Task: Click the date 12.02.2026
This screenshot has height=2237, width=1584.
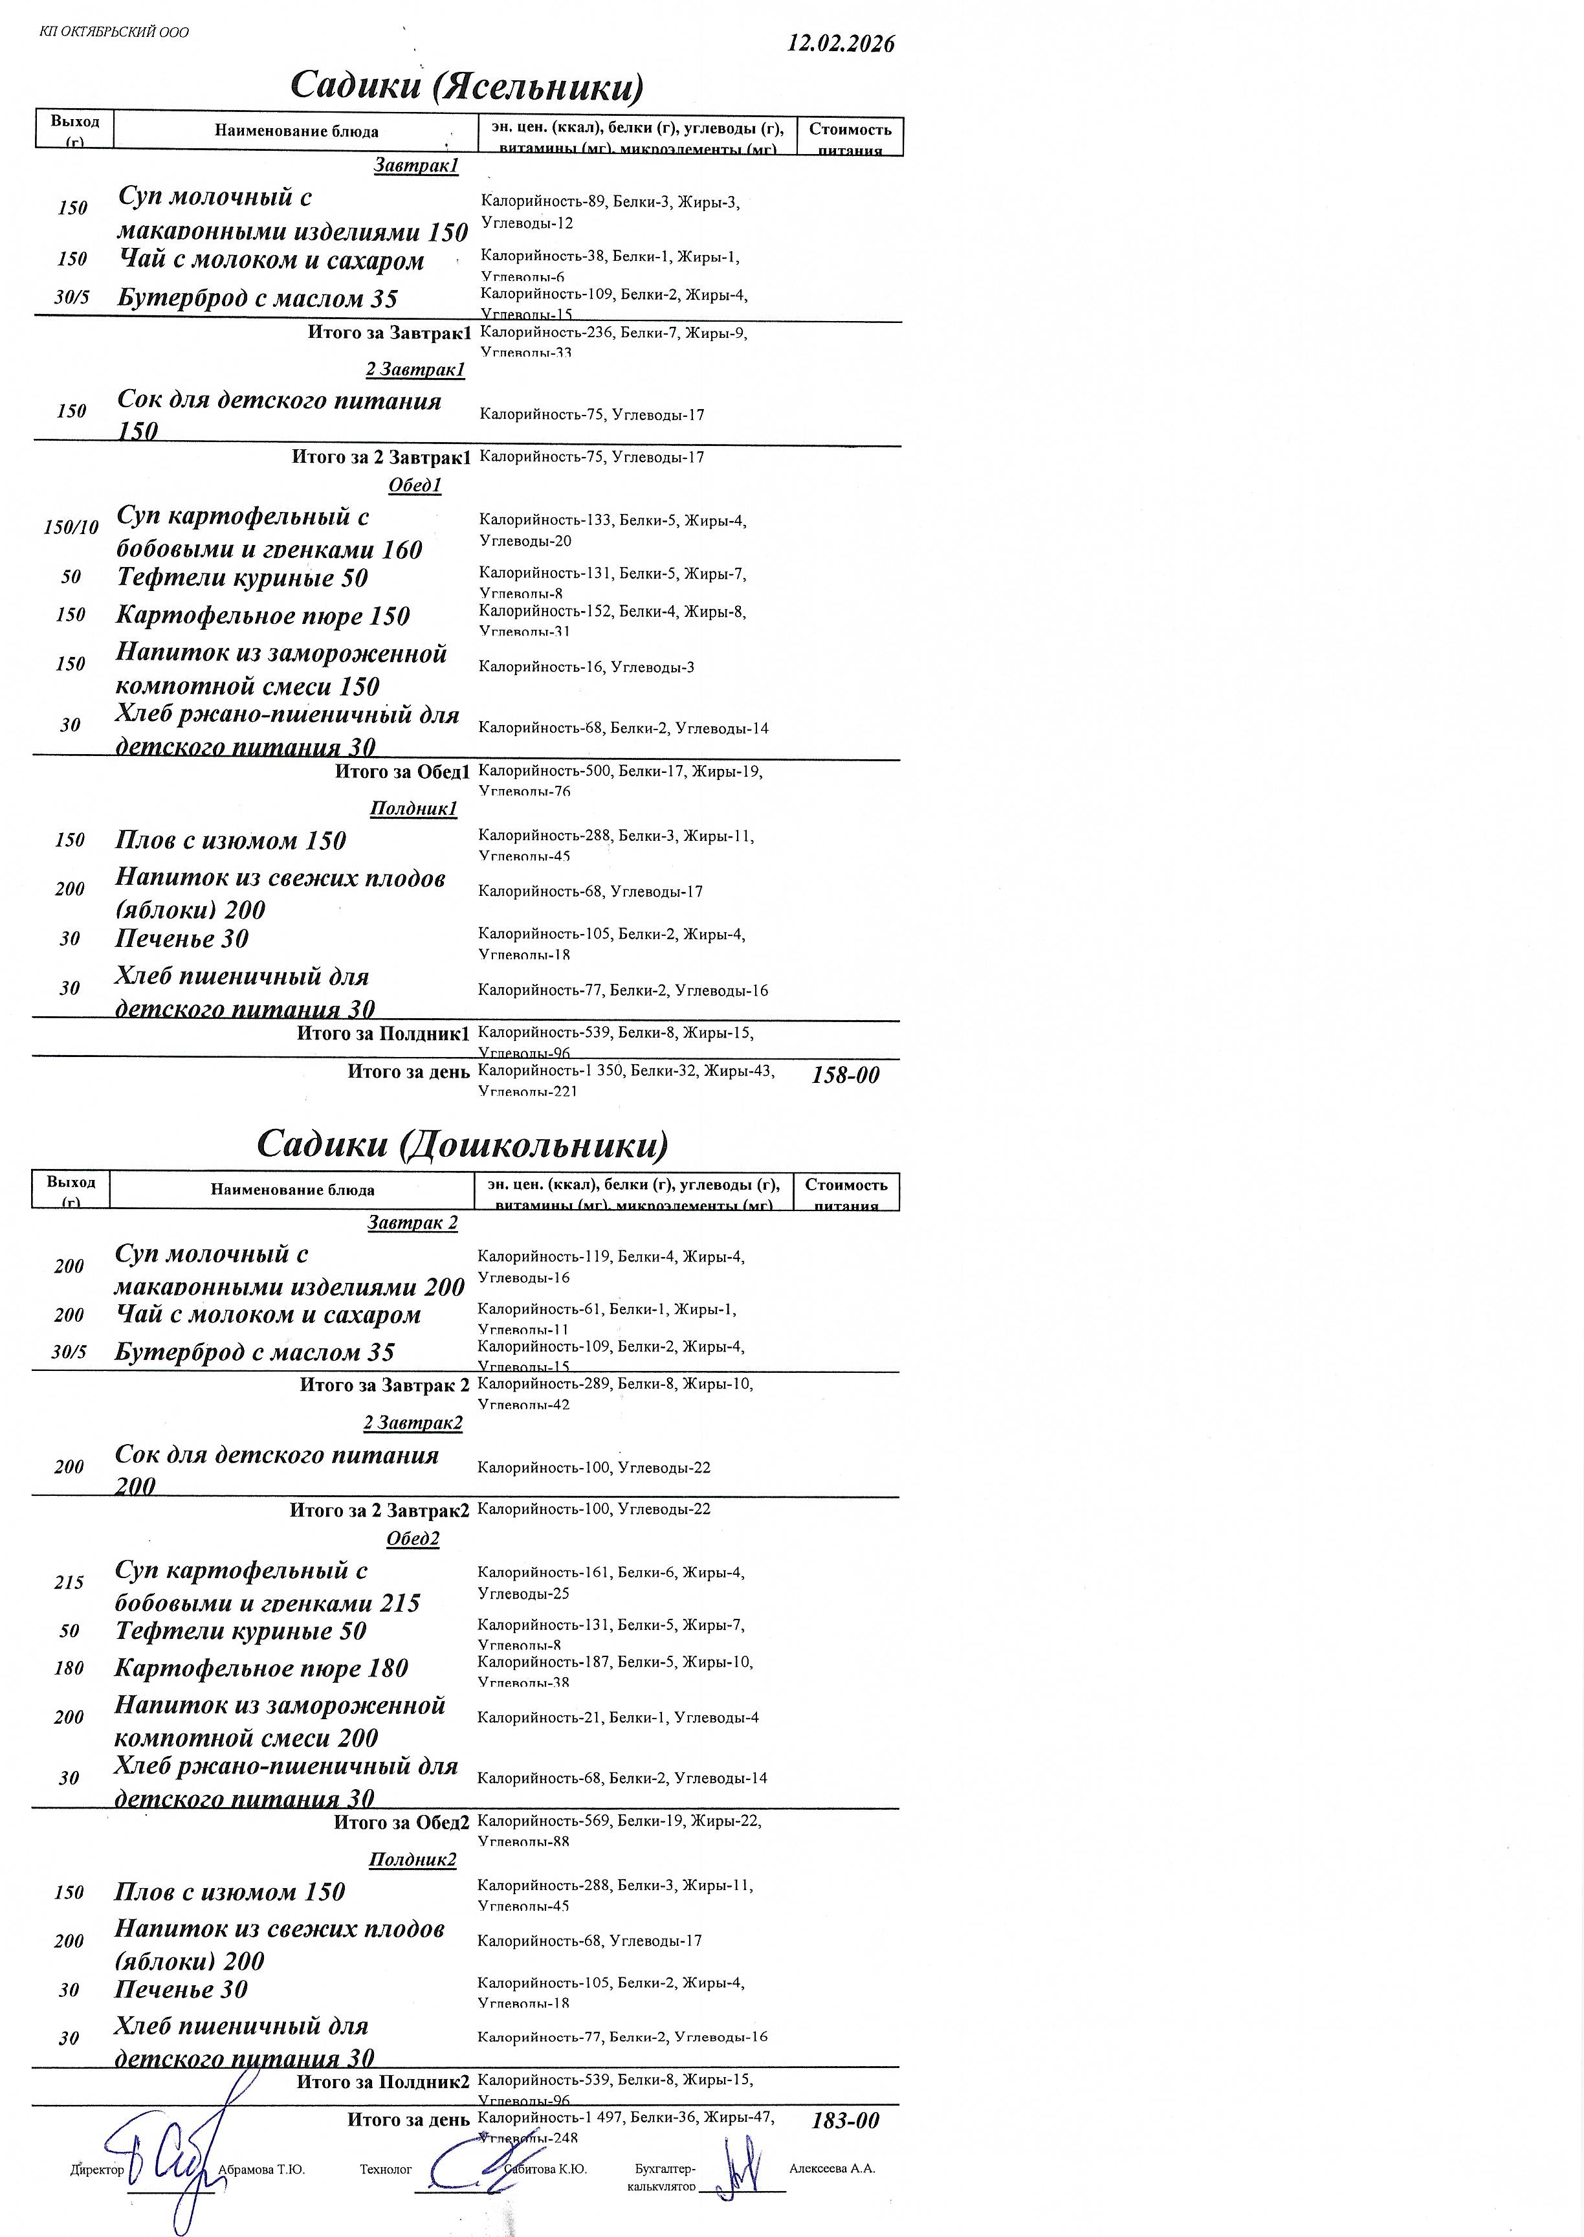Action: [x=841, y=44]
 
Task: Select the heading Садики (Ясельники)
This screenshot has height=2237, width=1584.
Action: [x=467, y=86]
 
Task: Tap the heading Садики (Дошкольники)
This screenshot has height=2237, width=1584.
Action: [x=463, y=1143]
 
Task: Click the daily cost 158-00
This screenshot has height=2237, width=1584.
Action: [x=844, y=1075]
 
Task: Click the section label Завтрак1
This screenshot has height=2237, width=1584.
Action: [x=415, y=166]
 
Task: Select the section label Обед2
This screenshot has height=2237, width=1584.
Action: [x=413, y=1539]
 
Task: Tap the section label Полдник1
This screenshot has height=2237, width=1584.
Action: [x=413, y=808]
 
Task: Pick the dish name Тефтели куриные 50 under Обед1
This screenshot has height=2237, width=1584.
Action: [x=242, y=577]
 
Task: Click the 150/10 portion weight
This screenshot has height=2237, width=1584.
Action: [x=71, y=528]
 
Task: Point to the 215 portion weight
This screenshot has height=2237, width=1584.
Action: [x=69, y=1583]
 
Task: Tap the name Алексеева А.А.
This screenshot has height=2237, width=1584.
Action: [x=832, y=2168]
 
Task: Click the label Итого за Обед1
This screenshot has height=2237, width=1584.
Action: [x=402, y=772]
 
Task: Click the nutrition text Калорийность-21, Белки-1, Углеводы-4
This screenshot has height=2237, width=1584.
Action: [x=617, y=1717]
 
